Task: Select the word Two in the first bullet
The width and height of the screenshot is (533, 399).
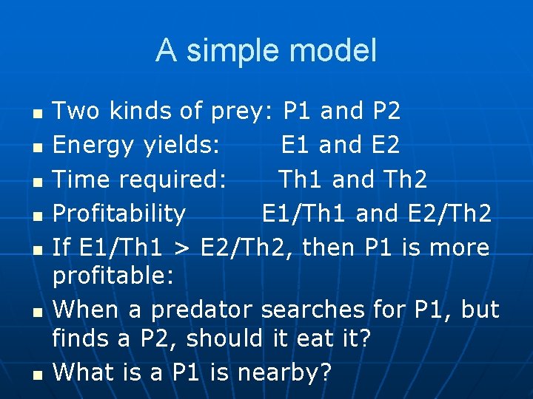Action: [x=76, y=112]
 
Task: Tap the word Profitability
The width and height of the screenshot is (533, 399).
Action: [x=119, y=214]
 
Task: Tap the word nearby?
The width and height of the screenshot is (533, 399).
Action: [x=291, y=373]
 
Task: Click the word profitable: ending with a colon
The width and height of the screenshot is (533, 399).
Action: [x=113, y=277]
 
